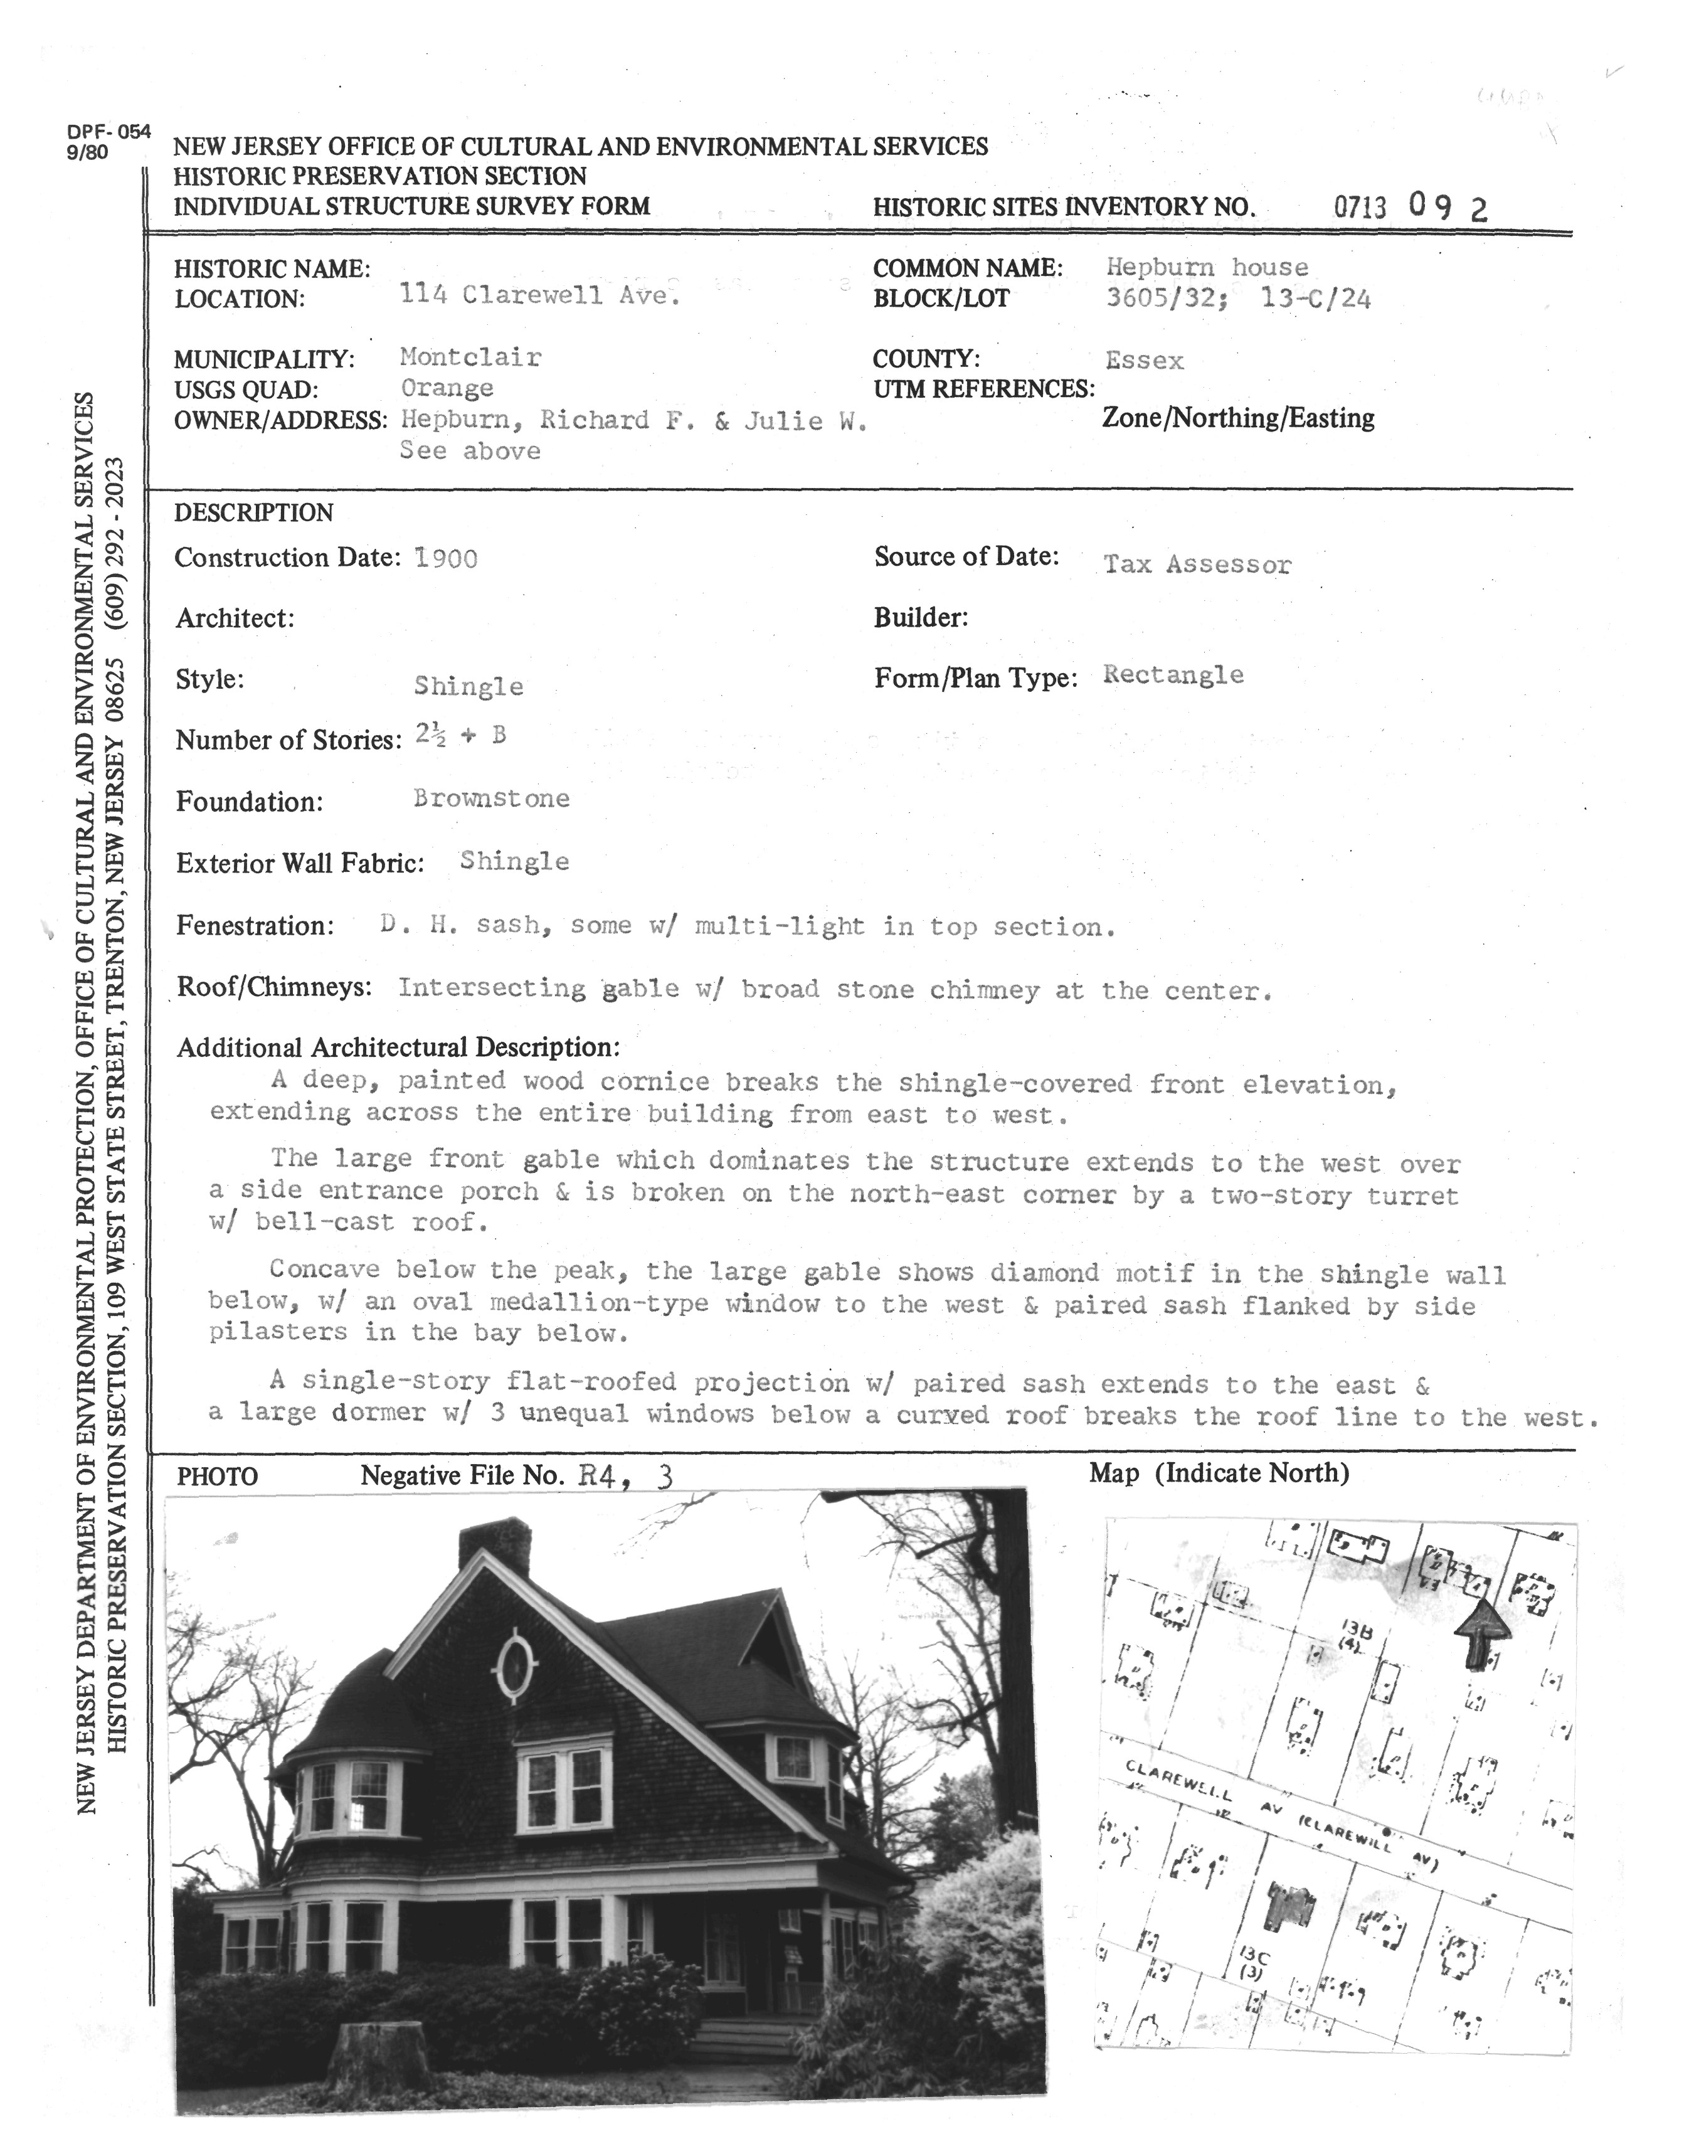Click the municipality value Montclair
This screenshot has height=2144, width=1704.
pos(470,357)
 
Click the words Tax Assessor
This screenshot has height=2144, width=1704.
pos(1197,565)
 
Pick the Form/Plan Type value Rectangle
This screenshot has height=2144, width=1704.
pos(1173,675)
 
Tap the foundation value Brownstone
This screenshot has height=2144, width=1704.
pos(491,799)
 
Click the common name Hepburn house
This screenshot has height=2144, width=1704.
pos(1207,267)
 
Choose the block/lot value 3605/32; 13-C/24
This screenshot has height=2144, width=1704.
pos(1238,299)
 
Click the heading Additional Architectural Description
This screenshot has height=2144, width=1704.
pos(398,1047)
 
